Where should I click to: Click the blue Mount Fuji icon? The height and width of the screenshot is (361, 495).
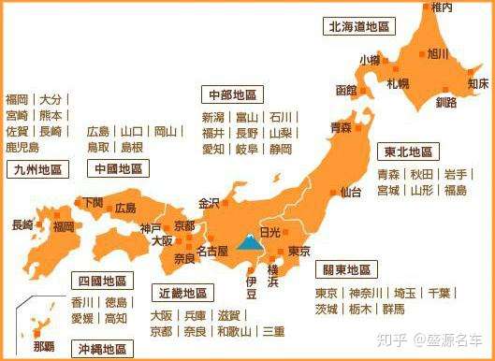point(249,242)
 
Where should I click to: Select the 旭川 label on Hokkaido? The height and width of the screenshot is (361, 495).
point(436,54)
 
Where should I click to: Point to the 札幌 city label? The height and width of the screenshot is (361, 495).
point(398,83)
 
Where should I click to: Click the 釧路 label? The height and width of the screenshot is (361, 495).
point(445,101)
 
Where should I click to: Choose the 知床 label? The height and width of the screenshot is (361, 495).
point(477,83)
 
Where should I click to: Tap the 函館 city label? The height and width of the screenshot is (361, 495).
point(345,91)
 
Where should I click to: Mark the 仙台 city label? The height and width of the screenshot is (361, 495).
point(351,193)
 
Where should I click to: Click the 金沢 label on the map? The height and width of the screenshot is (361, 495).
point(209,202)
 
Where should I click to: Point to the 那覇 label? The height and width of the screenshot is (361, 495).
point(45,345)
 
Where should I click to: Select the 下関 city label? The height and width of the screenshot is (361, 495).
point(92,201)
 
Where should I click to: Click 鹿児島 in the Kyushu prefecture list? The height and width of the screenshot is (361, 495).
point(22,147)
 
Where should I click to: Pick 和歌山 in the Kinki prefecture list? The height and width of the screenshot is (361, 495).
point(233,331)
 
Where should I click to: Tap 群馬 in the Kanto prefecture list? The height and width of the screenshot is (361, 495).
point(393,309)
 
